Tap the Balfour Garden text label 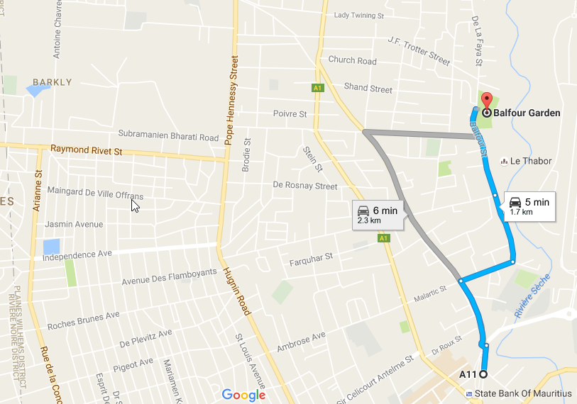click(x=527, y=113)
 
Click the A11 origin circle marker click(x=483, y=374)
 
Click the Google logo click(x=243, y=395)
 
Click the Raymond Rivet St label click(x=87, y=150)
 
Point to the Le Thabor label click(x=531, y=161)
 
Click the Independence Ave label click(x=78, y=254)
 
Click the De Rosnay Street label click(x=305, y=186)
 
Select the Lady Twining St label click(x=358, y=15)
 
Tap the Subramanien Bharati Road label click(x=168, y=136)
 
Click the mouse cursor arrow click(x=135, y=205)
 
